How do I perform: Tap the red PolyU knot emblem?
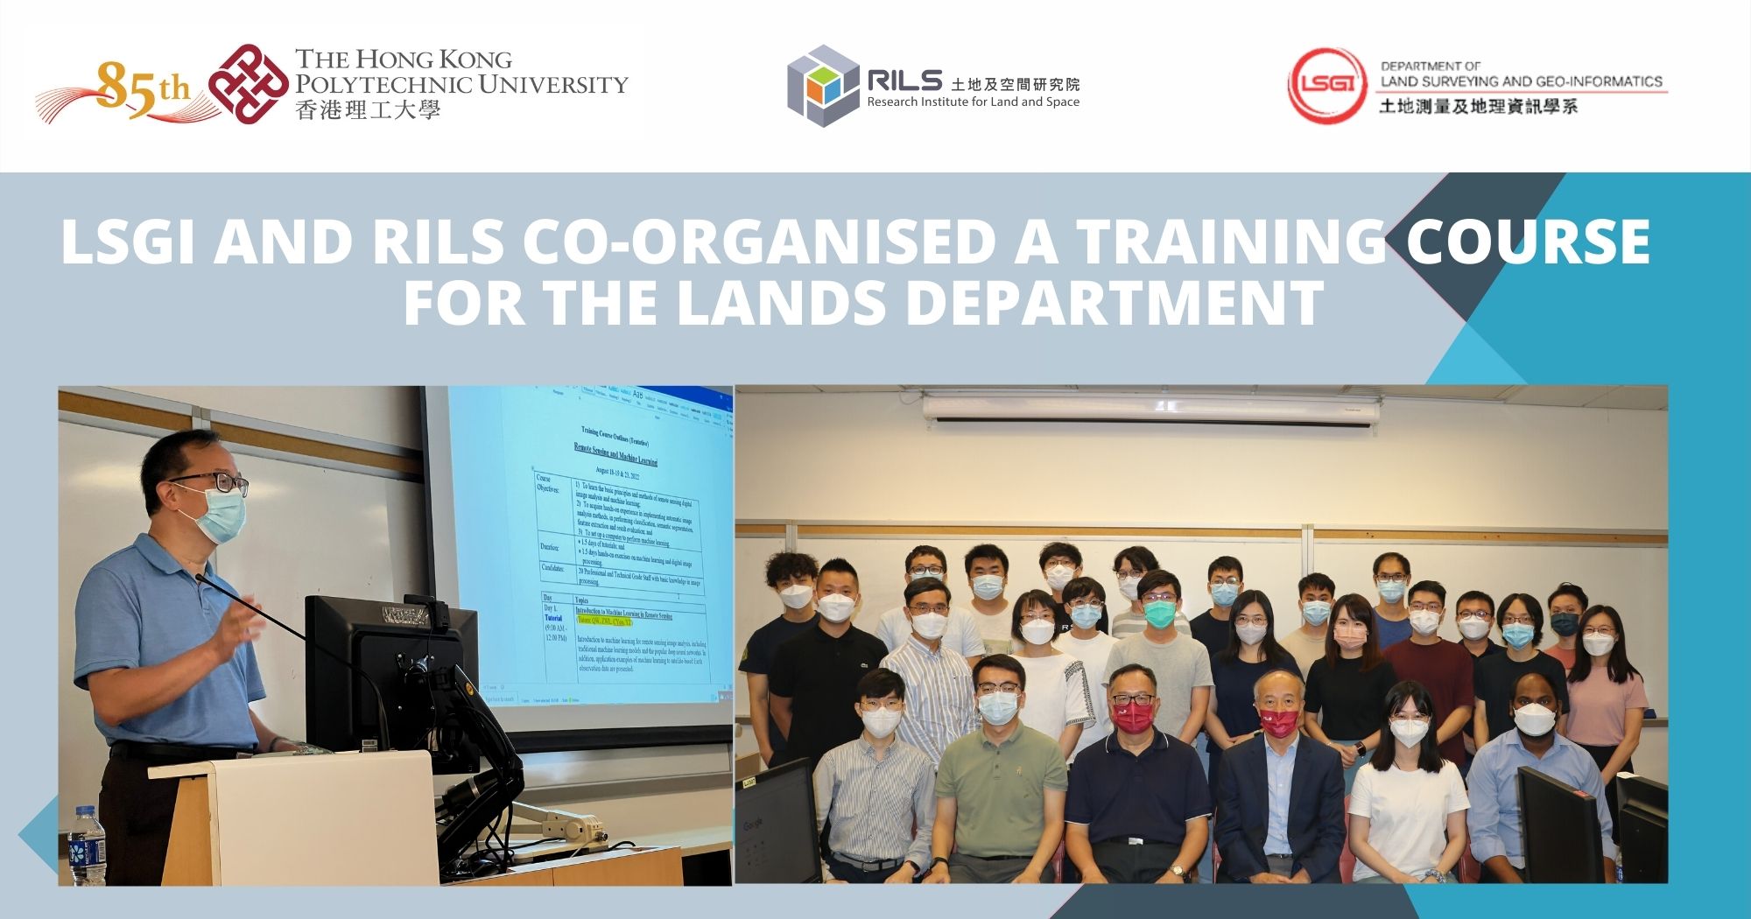coord(248,84)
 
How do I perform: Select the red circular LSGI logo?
coord(1326,86)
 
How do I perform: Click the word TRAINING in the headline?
coord(1229,242)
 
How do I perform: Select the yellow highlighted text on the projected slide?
coord(604,621)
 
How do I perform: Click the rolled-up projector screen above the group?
coord(1151,409)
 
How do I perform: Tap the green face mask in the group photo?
coord(1157,612)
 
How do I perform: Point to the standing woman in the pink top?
coord(1604,691)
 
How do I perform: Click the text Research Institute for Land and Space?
coord(973,102)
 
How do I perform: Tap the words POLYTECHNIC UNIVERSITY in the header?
coord(461,85)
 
